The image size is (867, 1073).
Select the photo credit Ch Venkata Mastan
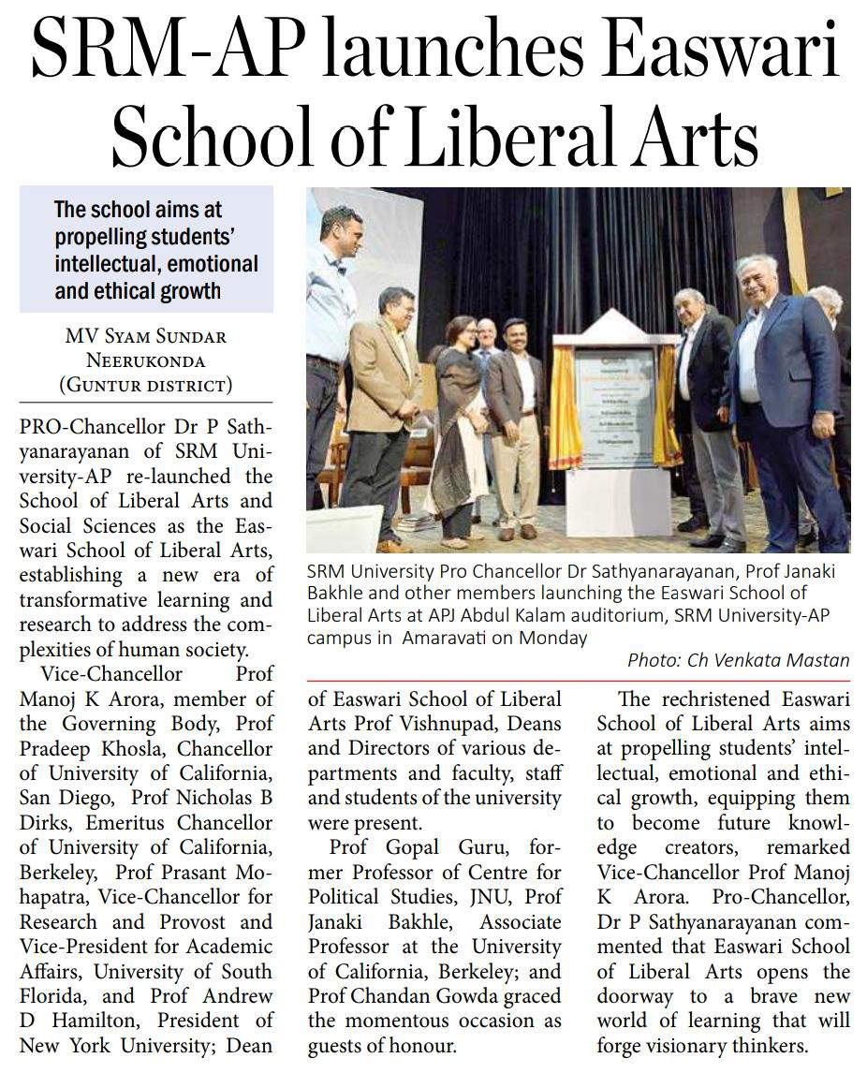(768, 659)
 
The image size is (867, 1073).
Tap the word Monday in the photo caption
(553, 639)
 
